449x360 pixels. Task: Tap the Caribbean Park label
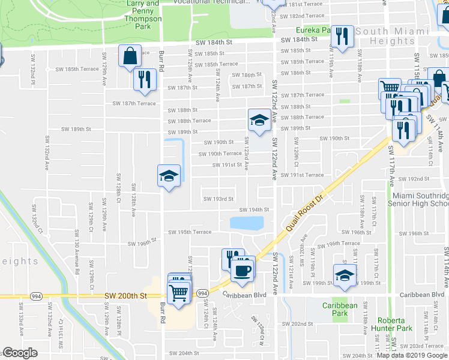[x=340, y=309]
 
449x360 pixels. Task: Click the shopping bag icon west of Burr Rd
[x=130, y=56]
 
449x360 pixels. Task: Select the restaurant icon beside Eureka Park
[x=342, y=37]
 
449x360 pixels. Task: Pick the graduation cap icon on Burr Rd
[x=169, y=176]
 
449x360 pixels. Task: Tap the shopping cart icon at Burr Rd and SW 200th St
[x=179, y=292]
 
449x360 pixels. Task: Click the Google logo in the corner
[x=20, y=353]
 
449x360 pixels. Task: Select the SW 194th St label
[x=253, y=210]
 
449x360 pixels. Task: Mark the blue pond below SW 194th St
[x=246, y=223]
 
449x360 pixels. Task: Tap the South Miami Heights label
[x=401, y=35]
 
